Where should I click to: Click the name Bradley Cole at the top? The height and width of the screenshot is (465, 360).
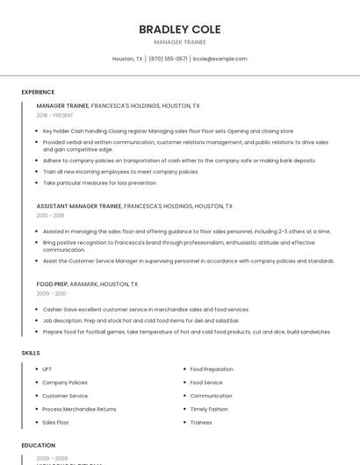tap(179, 29)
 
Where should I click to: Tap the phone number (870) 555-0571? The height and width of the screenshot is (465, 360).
tap(168, 59)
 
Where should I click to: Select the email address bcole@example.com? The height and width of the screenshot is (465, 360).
tap(220, 59)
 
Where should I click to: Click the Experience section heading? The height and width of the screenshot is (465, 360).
tap(38, 92)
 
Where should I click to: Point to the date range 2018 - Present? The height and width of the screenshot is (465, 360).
tap(54, 115)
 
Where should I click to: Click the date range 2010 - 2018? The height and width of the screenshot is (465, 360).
tap(50, 215)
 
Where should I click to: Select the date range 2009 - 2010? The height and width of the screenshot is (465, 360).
tap(50, 294)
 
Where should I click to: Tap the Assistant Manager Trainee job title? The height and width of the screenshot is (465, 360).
tap(79, 205)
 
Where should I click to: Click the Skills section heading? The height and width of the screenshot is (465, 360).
tap(31, 353)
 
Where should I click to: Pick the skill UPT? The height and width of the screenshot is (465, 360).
tap(47, 369)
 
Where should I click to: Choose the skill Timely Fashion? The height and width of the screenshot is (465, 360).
tap(209, 409)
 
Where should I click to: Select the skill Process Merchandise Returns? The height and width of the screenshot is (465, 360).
tap(79, 409)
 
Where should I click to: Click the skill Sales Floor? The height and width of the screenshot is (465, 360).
tap(56, 422)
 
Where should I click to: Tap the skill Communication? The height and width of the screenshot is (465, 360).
tap(211, 396)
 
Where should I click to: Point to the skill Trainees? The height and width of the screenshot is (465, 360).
tap(201, 422)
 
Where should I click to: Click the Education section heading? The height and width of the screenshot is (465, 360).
tap(38, 446)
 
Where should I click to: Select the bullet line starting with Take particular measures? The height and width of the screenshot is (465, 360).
tap(99, 182)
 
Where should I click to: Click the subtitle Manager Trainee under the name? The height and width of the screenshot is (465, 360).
tap(179, 41)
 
